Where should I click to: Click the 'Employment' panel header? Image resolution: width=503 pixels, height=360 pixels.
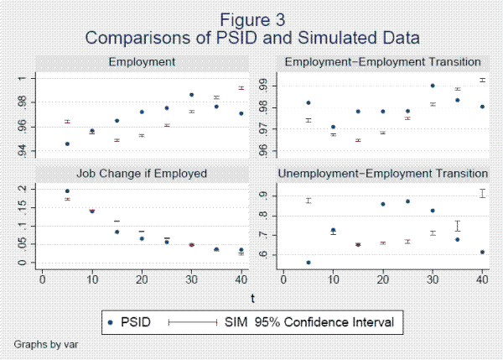pos(142,61)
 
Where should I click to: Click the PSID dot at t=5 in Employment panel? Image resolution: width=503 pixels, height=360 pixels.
pos(67,144)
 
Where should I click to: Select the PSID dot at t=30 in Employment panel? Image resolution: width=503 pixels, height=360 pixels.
pos(191,95)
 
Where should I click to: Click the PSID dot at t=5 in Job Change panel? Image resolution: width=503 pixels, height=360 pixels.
pos(67,191)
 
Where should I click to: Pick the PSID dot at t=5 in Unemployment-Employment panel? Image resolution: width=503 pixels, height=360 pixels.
pos(309,263)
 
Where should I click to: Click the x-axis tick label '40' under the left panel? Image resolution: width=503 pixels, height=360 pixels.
pos(241,279)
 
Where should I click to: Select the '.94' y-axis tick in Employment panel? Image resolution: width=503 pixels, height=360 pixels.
pos(23,151)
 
